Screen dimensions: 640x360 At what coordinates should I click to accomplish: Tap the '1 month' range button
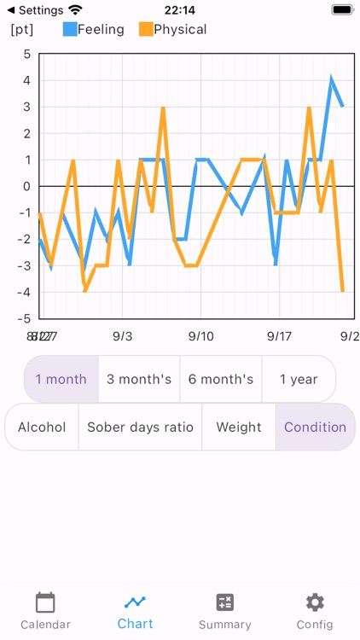(x=61, y=379)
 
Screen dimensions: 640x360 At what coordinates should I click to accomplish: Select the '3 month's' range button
(x=139, y=379)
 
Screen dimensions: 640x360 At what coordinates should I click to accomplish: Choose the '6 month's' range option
(x=221, y=379)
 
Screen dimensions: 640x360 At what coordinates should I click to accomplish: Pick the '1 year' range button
(x=299, y=379)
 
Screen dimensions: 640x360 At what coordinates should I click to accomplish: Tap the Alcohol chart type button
(x=42, y=427)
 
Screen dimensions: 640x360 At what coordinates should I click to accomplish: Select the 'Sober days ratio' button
(x=140, y=427)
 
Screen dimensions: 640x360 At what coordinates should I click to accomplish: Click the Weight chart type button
(x=239, y=427)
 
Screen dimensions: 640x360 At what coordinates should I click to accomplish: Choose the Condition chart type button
(x=315, y=427)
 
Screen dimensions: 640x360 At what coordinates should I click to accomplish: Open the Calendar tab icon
(x=45, y=602)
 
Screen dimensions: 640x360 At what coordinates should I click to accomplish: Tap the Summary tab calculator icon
(x=225, y=602)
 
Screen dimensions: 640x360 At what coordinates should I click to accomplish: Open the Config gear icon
(x=315, y=602)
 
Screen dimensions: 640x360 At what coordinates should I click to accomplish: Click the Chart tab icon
(x=135, y=602)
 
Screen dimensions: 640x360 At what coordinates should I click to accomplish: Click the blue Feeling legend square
(x=69, y=29)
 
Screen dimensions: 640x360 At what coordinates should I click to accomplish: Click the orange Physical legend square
(x=145, y=29)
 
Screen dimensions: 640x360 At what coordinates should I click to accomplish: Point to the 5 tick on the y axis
(x=26, y=54)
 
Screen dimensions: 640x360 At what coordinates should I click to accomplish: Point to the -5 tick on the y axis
(x=25, y=318)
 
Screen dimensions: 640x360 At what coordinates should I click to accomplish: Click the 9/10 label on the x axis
(x=200, y=336)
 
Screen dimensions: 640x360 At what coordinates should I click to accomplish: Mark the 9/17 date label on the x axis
(x=279, y=336)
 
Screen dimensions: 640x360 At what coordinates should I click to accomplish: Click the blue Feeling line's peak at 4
(x=332, y=79)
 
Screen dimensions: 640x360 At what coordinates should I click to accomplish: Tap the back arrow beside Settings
(x=11, y=10)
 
